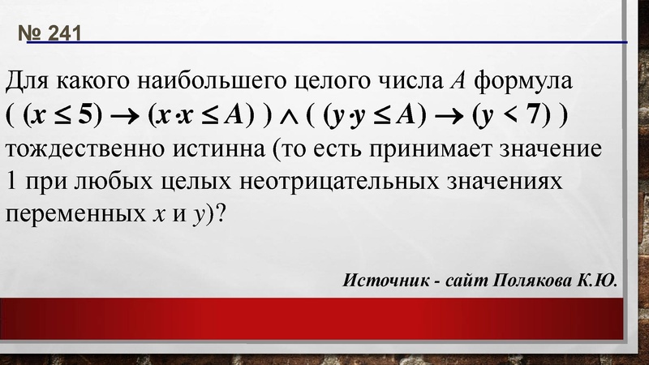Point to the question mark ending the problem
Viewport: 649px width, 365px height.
pos(223,217)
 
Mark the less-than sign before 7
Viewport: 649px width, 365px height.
pos(509,117)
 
